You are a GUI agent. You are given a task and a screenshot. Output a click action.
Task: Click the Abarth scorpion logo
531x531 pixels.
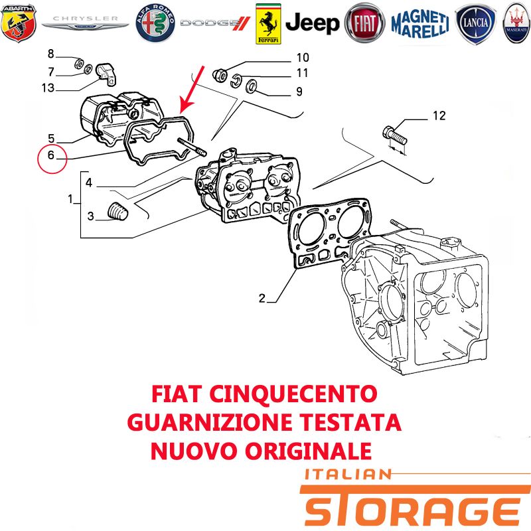[x=19, y=23]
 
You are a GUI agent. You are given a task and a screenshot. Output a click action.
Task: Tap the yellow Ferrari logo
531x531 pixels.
[x=268, y=24]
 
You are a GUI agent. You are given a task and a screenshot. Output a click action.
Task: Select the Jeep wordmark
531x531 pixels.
[x=313, y=23]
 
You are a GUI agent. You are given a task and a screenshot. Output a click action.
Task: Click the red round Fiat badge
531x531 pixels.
[x=364, y=23]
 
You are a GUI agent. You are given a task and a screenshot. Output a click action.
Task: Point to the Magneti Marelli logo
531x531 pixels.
[x=420, y=24]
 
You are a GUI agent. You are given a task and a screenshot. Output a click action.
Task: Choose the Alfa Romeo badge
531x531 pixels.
[x=155, y=23]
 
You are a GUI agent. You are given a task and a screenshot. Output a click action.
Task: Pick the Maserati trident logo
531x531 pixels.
[x=516, y=23]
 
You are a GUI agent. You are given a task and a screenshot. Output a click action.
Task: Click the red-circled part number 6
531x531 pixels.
[x=51, y=155]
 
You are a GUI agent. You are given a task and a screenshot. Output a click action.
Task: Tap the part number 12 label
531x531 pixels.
[x=439, y=115]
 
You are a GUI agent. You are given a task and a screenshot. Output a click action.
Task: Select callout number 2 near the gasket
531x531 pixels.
[x=262, y=298]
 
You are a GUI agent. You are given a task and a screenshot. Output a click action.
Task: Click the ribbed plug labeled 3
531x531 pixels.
[x=118, y=211]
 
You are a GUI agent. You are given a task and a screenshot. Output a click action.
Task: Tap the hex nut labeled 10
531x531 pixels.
[x=220, y=75]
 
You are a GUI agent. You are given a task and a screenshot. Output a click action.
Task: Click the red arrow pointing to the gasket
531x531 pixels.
[x=192, y=90]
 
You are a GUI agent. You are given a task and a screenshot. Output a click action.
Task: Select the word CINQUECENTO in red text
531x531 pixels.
[x=293, y=394]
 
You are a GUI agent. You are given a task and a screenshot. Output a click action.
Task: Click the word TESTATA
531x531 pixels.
[x=350, y=422]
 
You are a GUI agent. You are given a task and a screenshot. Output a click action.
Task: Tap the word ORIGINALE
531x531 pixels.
[x=308, y=451]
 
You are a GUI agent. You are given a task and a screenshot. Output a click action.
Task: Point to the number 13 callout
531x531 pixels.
[x=48, y=88]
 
